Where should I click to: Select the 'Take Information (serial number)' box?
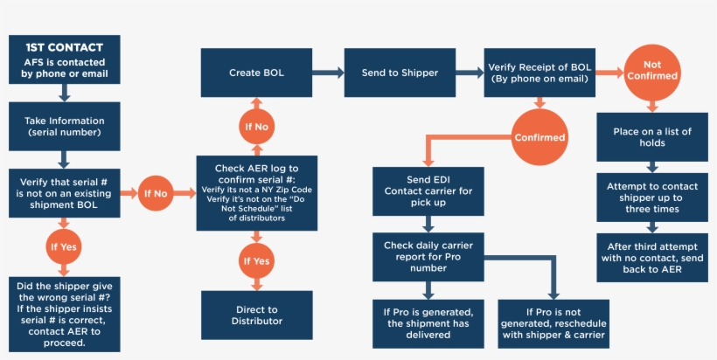[63, 126]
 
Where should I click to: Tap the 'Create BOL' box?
[256, 73]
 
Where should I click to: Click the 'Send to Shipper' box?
[400, 73]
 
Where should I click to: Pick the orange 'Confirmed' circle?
[539, 137]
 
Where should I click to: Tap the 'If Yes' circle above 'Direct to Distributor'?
[256, 260]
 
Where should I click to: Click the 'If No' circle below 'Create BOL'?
[256, 127]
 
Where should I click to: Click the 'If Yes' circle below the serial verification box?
[63, 247]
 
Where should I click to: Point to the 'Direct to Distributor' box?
[256, 315]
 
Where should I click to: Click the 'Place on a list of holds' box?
[651, 137]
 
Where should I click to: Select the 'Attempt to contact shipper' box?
[651, 197]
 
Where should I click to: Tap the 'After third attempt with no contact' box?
[651, 257]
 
